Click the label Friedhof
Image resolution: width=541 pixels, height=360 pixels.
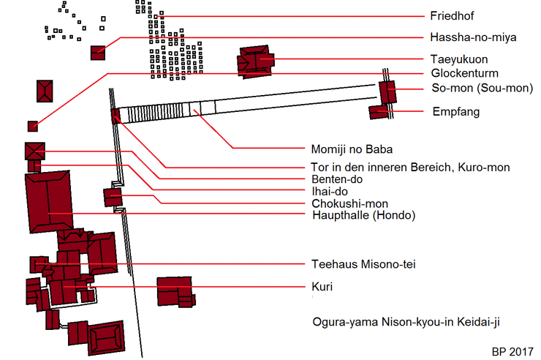click(x=451, y=16)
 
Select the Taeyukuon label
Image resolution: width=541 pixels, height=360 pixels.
click(x=460, y=59)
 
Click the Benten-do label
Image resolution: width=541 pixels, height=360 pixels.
click(x=337, y=179)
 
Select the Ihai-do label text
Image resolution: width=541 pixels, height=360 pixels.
click(x=328, y=192)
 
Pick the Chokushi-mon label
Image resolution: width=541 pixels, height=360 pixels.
click(x=349, y=203)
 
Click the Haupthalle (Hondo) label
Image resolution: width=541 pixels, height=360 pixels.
click(x=363, y=215)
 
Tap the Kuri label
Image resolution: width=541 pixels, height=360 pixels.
click(x=322, y=288)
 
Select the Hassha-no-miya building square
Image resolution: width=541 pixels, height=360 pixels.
click(x=98, y=52)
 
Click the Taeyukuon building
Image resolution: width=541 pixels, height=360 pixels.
click(x=256, y=61)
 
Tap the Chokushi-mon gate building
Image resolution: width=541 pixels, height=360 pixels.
click(x=112, y=197)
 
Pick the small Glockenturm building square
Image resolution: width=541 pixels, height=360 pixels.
click(x=32, y=126)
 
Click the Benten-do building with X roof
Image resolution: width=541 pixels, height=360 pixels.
click(x=35, y=150)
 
